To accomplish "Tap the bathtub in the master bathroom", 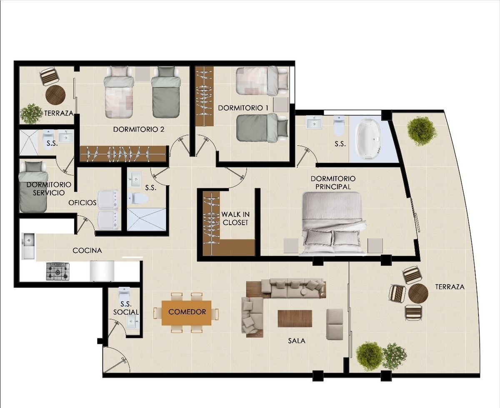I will [x=368, y=140].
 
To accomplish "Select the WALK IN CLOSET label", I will [x=235, y=218].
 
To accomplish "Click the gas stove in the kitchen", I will [x=57, y=271].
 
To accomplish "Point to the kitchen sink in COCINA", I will [x=28, y=245].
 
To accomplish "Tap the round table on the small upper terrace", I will [x=55, y=95].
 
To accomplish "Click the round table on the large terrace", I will [x=418, y=293].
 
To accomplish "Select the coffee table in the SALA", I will [x=295, y=318].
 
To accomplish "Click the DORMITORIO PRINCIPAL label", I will [x=333, y=183].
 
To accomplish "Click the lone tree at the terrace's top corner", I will [x=422, y=130].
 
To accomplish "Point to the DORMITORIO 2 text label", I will [x=138, y=129].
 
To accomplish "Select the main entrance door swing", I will [x=115, y=363].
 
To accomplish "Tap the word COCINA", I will [x=87, y=250].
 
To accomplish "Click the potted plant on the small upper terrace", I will [x=31, y=113].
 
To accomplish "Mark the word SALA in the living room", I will [x=296, y=340].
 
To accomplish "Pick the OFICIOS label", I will [x=82, y=203].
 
